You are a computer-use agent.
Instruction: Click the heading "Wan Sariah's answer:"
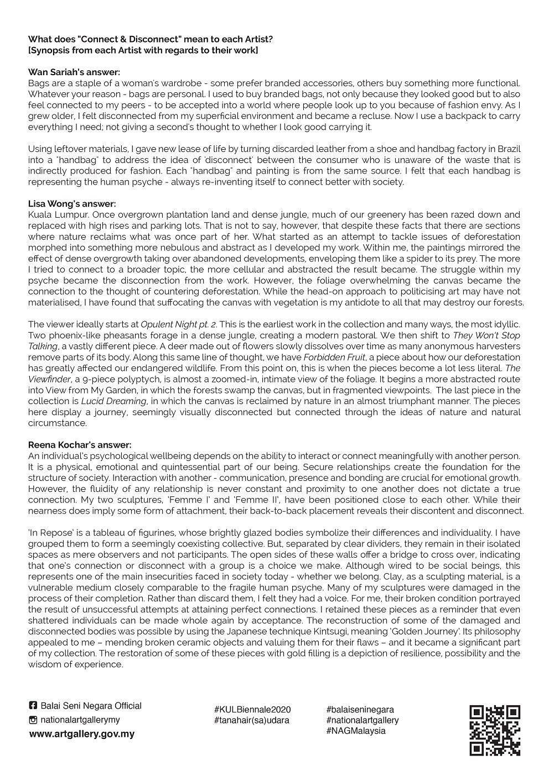(x=74, y=72)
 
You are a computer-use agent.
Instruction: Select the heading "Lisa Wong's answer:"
(x=72, y=204)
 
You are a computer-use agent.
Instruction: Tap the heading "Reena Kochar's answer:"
(x=80, y=445)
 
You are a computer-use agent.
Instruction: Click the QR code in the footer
(x=495, y=730)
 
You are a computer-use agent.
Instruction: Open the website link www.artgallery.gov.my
(x=81, y=734)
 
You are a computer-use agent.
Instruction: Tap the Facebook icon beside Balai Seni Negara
(x=33, y=706)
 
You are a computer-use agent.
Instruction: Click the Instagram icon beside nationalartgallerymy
(x=33, y=720)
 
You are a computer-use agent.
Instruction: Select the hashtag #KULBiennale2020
(x=252, y=710)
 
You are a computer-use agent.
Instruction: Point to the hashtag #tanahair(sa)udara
(x=251, y=720)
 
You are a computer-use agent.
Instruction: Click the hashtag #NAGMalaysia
(x=356, y=731)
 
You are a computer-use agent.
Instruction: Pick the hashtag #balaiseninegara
(x=360, y=710)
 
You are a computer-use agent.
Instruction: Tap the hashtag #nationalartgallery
(x=362, y=720)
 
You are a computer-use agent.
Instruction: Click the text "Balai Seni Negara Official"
(x=91, y=706)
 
